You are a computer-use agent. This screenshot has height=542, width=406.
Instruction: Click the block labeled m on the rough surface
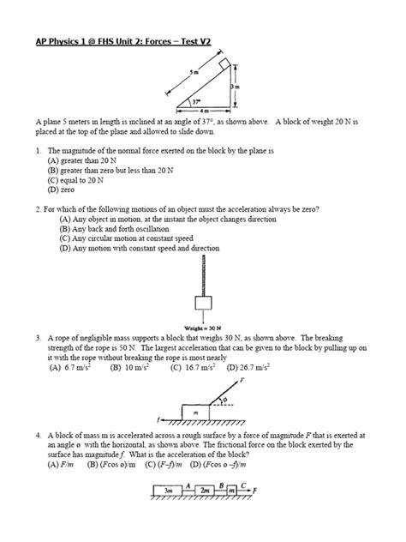tap(197, 413)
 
